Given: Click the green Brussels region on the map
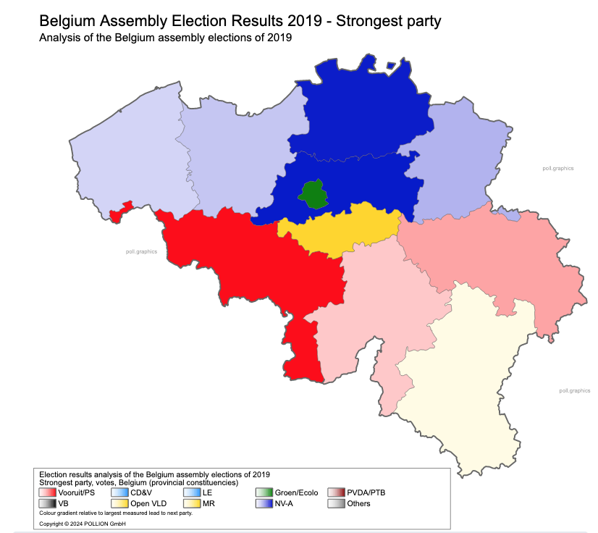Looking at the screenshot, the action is coord(312,194).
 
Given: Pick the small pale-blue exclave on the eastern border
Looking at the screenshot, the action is coord(511,215).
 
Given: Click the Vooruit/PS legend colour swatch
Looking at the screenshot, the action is coord(48,493).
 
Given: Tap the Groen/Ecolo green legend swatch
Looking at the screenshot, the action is coord(265,493).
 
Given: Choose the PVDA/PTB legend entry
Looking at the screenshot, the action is coord(366,493).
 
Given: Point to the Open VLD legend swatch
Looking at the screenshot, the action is coord(120,504).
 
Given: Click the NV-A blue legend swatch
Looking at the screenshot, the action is coord(265,504).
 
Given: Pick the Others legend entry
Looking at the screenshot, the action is coord(358,504).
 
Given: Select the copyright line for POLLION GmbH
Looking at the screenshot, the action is coord(82,524).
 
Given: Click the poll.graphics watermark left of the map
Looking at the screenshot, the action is coord(141,251).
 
